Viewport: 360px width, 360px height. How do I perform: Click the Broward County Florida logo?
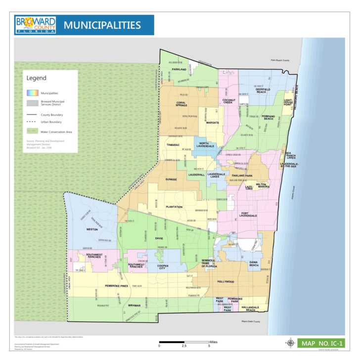click(x=35, y=25)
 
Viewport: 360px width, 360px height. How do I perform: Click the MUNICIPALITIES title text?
click(x=102, y=25)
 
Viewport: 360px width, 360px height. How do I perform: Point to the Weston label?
click(x=92, y=229)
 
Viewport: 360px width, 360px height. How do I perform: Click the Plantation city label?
click(x=174, y=207)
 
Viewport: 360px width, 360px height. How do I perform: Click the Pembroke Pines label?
click(x=116, y=286)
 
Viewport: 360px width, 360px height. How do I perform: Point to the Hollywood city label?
click(x=225, y=281)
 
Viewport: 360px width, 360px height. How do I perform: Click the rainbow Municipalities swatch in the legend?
click(x=32, y=92)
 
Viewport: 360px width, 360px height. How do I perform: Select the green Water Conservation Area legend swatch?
click(x=32, y=132)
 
